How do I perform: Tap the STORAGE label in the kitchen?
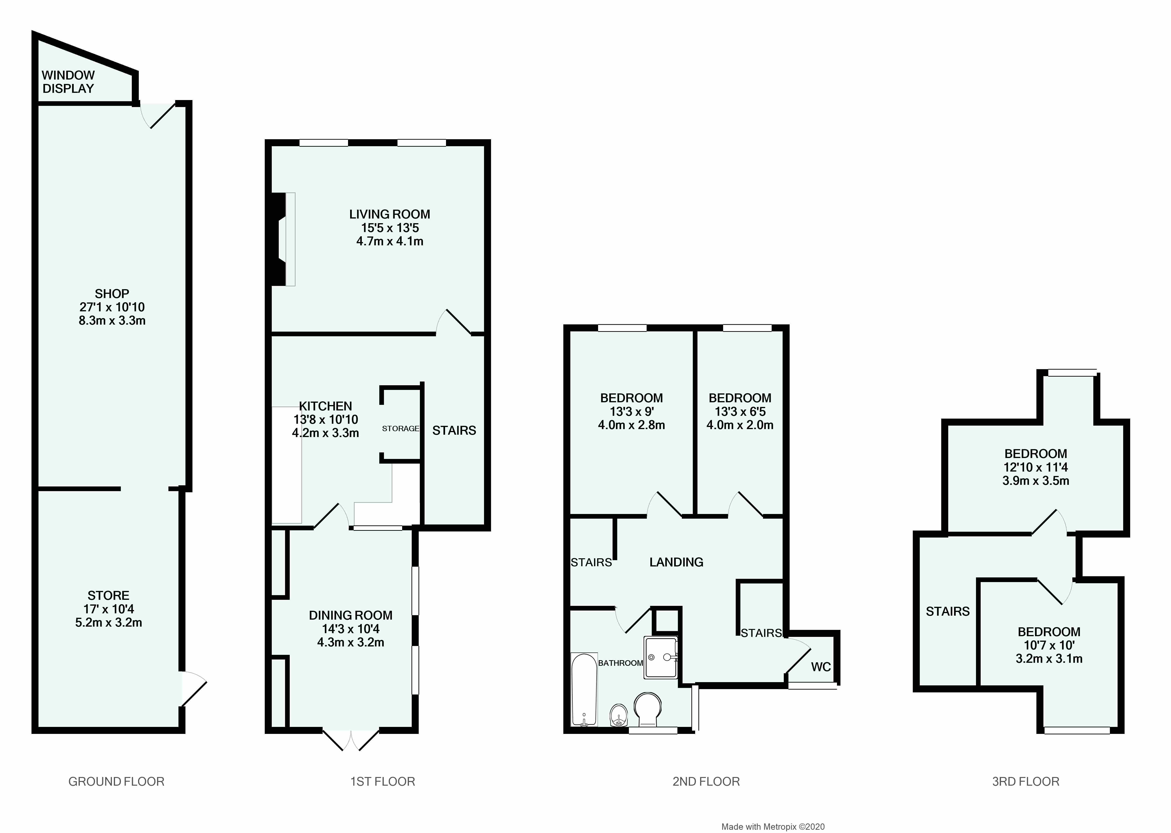400,428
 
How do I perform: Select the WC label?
821,667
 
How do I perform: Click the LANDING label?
676,562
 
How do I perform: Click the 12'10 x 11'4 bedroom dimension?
1036,467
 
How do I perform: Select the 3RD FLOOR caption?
1025,782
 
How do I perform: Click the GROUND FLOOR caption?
116,782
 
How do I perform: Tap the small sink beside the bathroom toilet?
619,715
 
